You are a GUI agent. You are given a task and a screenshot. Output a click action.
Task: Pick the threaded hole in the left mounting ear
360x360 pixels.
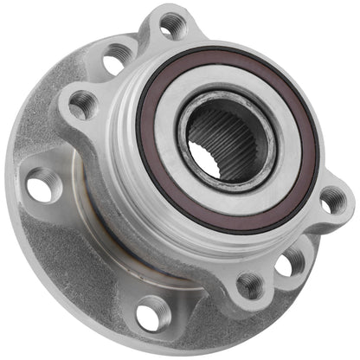click(x=82, y=106)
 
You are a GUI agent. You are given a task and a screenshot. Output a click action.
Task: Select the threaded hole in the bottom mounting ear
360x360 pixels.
click(x=249, y=284)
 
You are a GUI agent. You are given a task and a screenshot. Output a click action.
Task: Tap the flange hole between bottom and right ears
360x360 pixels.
click(x=289, y=261)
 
